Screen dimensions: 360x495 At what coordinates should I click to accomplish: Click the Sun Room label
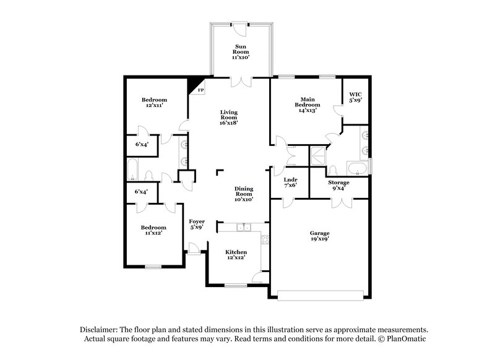click(x=240, y=51)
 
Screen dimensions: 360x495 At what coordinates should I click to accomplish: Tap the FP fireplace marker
click(x=200, y=89)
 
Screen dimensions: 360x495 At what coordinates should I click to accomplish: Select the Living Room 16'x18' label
click(x=229, y=117)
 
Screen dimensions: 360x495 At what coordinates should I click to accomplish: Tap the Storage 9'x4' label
click(x=338, y=186)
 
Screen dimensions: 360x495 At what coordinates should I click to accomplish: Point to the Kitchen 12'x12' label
click(x=236, y=255)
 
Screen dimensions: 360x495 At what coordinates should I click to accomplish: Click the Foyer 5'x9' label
click(x=196, y=224)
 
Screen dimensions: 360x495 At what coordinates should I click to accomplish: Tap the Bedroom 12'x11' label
click(x=154, y=103)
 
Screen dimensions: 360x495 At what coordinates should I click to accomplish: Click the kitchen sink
click(x=245, y=227)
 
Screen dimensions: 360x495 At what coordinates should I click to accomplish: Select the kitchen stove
click(x=265, y=240)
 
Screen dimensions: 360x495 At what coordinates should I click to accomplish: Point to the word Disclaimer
click(x=100, y=330)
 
